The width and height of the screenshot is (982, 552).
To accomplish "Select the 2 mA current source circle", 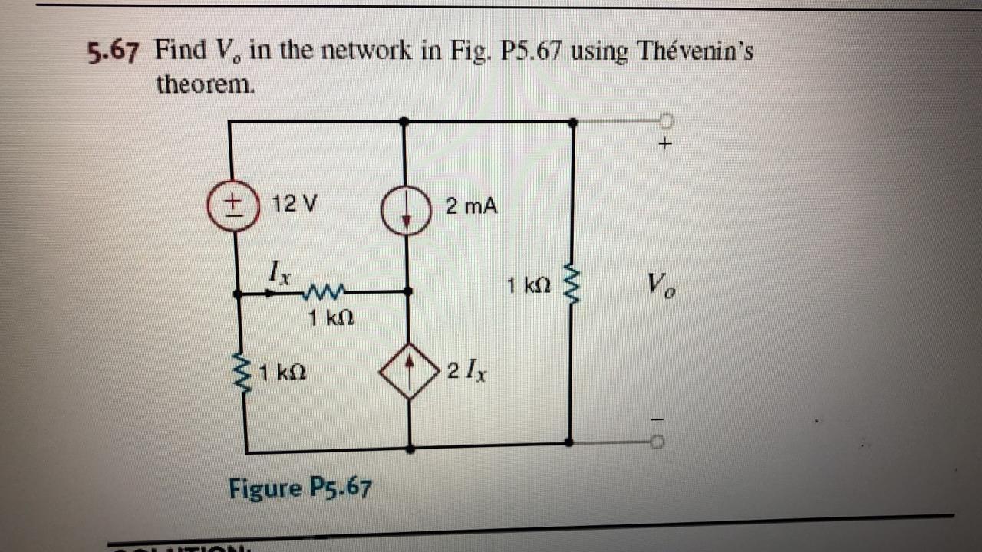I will click(x=404, y=207).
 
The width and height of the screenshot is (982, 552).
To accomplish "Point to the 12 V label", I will click(x=295, y=204).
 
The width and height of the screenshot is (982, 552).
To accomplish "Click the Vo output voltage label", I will click(x=659, y=288).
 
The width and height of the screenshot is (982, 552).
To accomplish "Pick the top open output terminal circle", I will click(x=665, y=120).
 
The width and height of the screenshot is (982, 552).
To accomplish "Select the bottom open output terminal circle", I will click(x=657, y=442).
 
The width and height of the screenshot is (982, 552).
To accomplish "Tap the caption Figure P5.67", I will click(x=300, y=487).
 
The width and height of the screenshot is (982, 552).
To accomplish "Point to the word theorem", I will click(x=205, y=84).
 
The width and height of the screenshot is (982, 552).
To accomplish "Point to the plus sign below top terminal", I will click(x=665, y=143).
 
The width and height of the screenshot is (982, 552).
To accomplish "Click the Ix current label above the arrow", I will click(x=278, y=271).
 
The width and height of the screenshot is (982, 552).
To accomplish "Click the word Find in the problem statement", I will click(x=180, y=51).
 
